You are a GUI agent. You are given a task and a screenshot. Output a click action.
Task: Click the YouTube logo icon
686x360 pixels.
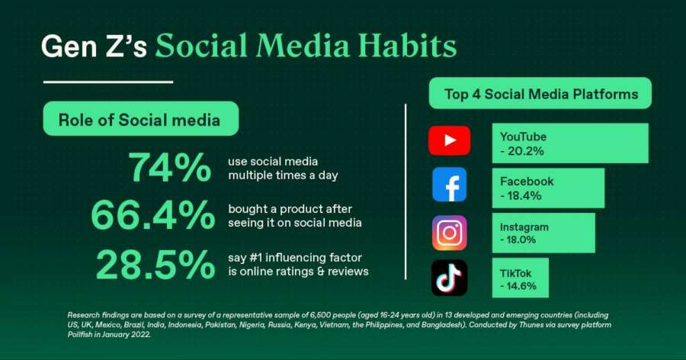click(x=449, y=140)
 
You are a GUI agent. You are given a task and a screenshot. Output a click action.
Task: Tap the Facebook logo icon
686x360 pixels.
click(x=449, y=185)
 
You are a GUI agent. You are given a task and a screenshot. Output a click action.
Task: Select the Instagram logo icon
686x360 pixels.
click(x=449, y=233)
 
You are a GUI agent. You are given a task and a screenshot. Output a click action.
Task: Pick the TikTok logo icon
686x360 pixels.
click(x=449, y=278)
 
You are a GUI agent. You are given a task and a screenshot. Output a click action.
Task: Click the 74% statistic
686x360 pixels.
click(x=169, y=167)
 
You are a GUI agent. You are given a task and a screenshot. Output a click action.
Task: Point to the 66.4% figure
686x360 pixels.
click(x=153, y=215)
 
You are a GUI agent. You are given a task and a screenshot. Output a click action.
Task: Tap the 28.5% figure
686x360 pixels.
click(x=155, y=265)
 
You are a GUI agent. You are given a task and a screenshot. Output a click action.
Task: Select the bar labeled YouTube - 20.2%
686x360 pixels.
click(x=570, y=143)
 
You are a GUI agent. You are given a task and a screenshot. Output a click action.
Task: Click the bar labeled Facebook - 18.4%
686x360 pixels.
click(x=548, y=188)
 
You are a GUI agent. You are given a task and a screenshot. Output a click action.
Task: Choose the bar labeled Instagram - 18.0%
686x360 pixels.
click(x=543, y=233)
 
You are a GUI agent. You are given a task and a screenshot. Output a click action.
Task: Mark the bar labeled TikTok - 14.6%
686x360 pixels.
click(x=520, y=278)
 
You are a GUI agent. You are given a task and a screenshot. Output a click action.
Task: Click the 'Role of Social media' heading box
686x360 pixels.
click(x=141, y=119)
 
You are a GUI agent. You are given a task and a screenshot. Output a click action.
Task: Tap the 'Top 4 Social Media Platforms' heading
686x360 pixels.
click(x=540, y=93)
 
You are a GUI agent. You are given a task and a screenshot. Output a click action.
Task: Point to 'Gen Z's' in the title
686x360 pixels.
click(x=94, y=46)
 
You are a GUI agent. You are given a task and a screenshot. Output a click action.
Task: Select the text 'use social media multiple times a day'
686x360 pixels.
click(x=283, y=168)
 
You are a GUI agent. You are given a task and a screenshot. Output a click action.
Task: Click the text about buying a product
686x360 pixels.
click(x=295, y=216)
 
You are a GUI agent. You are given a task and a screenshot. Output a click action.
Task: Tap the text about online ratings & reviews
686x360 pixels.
click(x=298, y=265)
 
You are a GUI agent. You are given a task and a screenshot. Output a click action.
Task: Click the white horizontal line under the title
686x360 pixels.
click(x=108, y=82)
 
